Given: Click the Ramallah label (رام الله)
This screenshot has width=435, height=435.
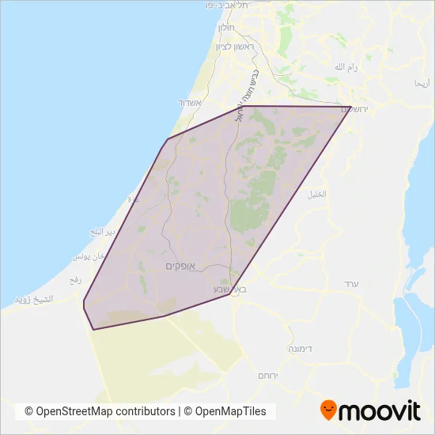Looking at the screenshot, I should [x=346, y=67].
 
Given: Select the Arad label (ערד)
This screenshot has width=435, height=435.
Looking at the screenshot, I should [x=352, y=283].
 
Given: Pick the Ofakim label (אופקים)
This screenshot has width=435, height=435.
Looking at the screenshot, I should [x=186, y=266].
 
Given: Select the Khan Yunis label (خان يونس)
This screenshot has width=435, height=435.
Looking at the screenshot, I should [x=89, y=258].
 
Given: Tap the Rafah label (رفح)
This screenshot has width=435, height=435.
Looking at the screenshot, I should [x=76, y=279].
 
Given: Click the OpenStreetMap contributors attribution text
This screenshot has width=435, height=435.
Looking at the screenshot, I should [x=100, y=411].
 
